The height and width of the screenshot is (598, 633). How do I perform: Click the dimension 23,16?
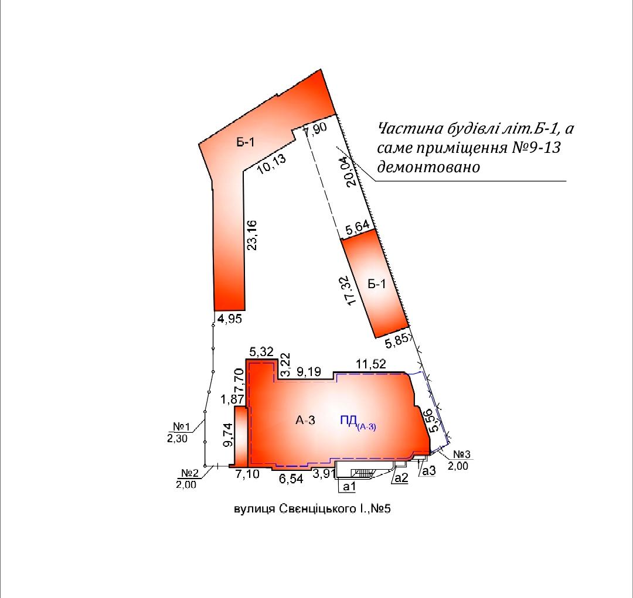[x=251, y=235]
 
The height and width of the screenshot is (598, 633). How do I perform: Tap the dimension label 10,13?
[x=272, y=163]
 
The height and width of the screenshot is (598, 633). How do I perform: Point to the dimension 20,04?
[x=351, y=171]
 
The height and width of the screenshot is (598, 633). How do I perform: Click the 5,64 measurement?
[x=358, y=228]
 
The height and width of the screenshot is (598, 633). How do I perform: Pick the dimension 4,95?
[x=230, y=319]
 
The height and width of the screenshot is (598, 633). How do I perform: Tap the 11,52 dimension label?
[x=370, y=364]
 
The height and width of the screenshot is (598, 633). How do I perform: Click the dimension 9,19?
[x=308, y=371]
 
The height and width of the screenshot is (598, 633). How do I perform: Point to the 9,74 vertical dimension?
[x=229, y=434]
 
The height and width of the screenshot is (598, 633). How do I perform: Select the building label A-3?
[x=305, y=421]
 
